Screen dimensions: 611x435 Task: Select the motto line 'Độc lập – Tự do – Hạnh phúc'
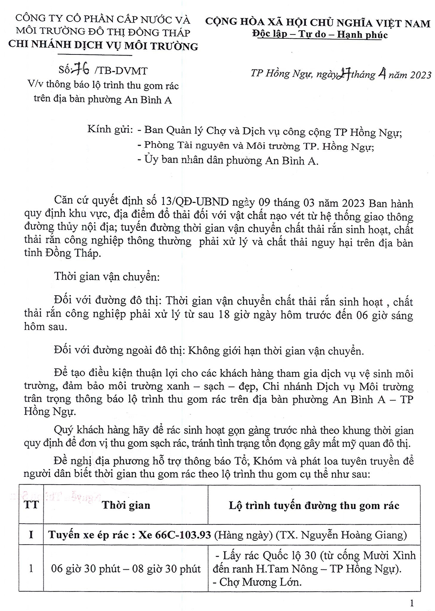(320, 35)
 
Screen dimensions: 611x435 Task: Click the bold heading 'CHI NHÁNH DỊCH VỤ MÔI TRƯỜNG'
(103, 46)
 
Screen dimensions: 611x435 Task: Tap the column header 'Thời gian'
(126, 505)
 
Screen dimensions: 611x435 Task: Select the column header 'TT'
(31, 505)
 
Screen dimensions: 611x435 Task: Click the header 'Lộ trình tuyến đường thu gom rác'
(314, 505)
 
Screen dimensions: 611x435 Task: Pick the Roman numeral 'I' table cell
(31, 535)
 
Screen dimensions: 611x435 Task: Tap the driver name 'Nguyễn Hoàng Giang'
(354, 535)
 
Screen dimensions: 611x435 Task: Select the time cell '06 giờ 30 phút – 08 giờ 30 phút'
(126, 569)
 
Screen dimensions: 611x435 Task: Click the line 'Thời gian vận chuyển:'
(107, 277)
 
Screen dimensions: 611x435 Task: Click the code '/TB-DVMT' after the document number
(121, 71)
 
